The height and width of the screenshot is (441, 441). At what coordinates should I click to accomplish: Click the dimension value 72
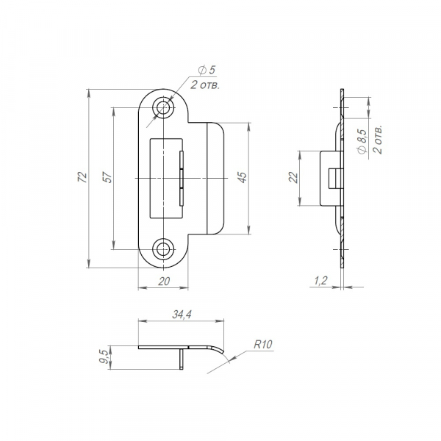click(82, 178)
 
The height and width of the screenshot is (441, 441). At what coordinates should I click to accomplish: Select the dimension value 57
click(107, 178)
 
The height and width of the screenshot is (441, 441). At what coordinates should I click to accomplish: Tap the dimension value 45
click(242, 178)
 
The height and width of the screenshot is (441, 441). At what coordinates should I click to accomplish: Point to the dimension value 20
click(163, 281)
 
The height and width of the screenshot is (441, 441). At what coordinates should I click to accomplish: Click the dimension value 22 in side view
click(294, 179)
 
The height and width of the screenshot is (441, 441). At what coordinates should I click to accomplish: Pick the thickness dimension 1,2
click(320, 280)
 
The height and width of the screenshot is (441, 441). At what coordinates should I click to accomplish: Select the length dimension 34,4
click(181, 315)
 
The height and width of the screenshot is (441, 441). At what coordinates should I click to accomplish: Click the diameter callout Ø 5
click(206, 71)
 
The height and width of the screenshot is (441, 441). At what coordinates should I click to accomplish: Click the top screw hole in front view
click(163, 109)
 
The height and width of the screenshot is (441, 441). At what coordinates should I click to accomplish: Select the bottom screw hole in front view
click(163, 248)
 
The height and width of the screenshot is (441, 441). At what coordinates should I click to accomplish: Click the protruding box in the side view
click(329, 179)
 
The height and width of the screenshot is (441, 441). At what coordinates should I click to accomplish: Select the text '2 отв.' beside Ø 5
click(205, 85)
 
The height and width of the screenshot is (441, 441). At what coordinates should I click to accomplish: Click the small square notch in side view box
click(334, 179)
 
